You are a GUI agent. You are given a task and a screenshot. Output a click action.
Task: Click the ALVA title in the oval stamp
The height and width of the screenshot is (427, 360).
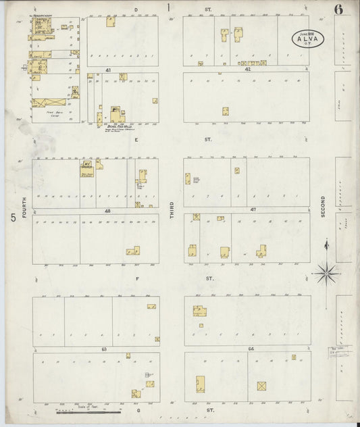[307, 39]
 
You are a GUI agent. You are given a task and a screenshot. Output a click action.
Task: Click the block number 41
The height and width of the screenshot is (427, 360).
[108, 70]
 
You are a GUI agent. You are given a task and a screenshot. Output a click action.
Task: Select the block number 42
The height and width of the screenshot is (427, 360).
[247, 70]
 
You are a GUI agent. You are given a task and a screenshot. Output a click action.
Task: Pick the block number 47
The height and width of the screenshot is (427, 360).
[253, 211]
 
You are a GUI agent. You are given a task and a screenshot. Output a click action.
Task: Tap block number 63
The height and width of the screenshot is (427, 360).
[105, 349]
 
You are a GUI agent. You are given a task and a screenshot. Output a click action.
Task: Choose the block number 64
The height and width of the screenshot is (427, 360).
[251, 349]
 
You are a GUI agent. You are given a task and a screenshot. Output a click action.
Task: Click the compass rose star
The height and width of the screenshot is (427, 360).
[326, 272]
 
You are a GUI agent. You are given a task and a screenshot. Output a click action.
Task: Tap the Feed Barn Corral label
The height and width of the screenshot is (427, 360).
[49, 114]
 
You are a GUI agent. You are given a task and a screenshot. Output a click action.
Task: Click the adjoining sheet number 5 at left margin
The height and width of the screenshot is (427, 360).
[12, 218]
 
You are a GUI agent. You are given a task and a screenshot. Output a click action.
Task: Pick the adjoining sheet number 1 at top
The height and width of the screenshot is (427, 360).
[170, 7]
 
